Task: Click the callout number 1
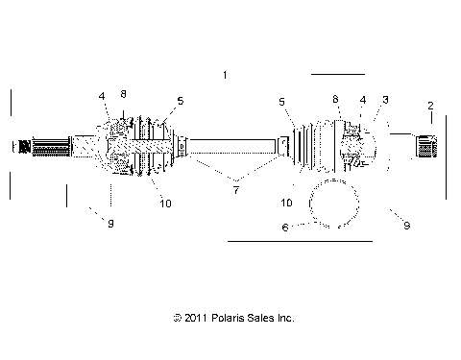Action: (x=225, y=75)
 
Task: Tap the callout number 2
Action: (x=430, y=106)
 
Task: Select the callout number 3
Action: (x=385, y=100)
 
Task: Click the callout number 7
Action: (x=235, y=191)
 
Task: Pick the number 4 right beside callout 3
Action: (x=362, y=100)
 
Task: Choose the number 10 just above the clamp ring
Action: (x=286, y=204)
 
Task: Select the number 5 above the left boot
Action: (x=180, y=100)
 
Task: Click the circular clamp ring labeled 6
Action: (x=334, y=203)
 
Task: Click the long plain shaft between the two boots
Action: (x=235, y=146)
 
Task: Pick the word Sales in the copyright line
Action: (x=256, y=317)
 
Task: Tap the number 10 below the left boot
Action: (x=165, y=203)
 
